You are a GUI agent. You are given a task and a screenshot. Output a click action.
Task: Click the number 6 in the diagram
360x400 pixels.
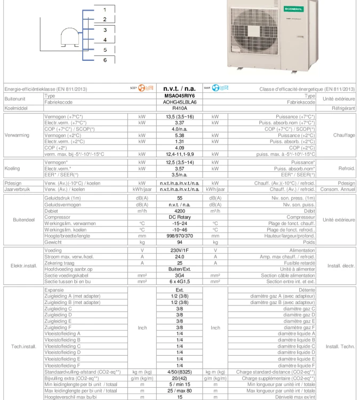(x=105, y=60)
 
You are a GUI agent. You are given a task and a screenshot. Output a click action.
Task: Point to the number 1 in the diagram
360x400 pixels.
(x=105, y=10)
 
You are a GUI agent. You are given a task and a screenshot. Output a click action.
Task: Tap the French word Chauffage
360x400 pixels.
(x=345, y=135)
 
